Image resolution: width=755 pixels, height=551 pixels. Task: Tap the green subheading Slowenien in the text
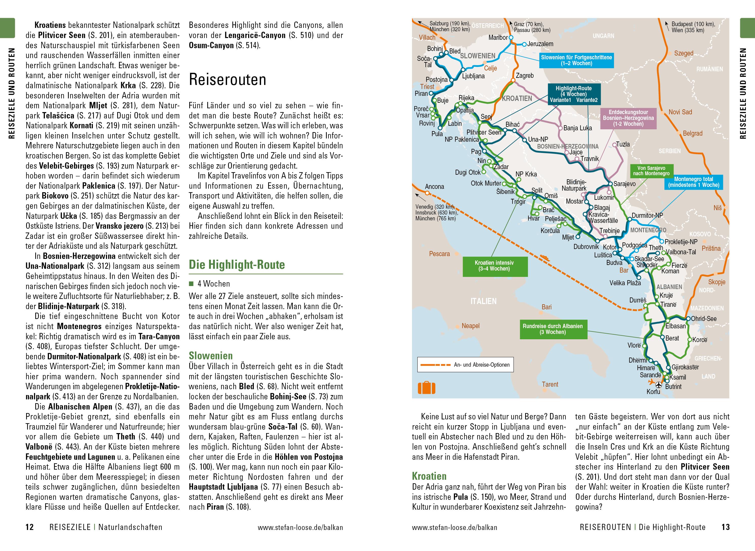click(x=211, y=355)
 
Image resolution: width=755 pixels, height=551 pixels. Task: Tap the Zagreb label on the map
click(x=525, y=76)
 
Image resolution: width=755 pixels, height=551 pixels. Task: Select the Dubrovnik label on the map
click(x=586, y=247)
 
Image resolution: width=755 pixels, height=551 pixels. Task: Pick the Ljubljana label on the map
click(x=473, y=76)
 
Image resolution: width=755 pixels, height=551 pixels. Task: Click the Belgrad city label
click(x=693, y=133)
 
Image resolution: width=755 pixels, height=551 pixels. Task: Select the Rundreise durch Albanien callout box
click(x=553, y=329)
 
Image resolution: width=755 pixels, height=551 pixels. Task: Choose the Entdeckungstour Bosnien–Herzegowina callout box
click(x=628, y=118)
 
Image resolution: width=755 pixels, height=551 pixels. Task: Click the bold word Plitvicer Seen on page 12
click(x=61, y=35)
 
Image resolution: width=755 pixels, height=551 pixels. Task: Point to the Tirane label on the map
click(x=668, y=304)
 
